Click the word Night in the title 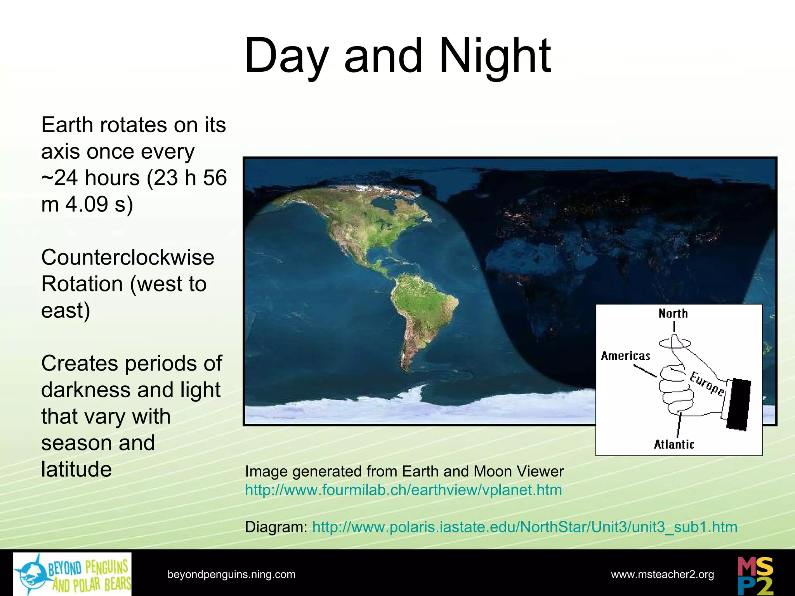(x=495, y=56)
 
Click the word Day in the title (x=286, y=56)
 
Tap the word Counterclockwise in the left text (x=128, y=257)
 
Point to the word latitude (x=76, y=469)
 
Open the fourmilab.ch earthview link (x=403, y=490)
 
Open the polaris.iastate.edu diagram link (x=524, y=527)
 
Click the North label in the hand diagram (x=673, y=314)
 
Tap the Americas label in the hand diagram (x=625, y=356)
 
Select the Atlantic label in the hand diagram (x=674, y=444)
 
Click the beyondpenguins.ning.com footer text (x=231, y=574)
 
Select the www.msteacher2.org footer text (x=662, y=574)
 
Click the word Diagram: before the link (x=276, y=527)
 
